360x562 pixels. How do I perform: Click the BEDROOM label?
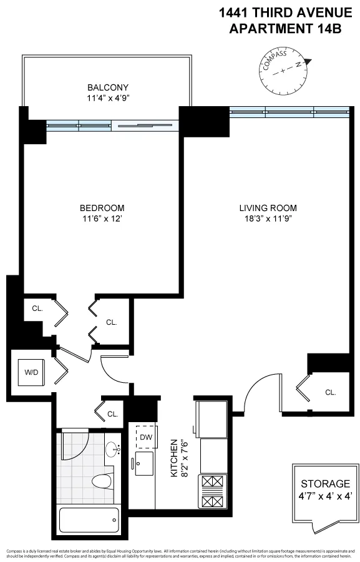click(x=102, y=208)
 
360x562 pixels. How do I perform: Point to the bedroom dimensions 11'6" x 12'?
click(x=102, y=219)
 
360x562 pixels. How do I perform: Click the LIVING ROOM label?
click(x=268, y=208)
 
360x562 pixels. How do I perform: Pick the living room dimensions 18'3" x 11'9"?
click(x=268, y=219)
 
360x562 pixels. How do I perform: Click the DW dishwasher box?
click(x=146, y=437)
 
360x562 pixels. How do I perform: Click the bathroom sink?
click(x=113, y=450)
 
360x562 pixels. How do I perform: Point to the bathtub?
click(x=89, y=518)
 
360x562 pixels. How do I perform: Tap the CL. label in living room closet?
click(x=330, y=392)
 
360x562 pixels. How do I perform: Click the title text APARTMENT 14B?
click(x=285, y=28)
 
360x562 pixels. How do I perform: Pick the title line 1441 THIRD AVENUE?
click(x=285, y=12)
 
